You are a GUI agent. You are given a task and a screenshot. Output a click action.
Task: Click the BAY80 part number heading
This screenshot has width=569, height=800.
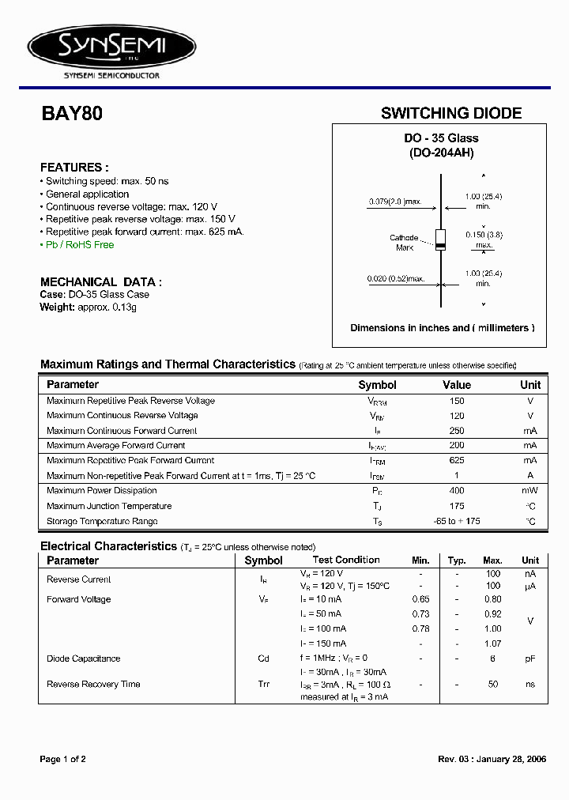click(71, 113)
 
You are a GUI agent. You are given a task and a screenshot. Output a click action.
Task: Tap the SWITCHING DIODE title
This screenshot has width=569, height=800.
click(451, 113)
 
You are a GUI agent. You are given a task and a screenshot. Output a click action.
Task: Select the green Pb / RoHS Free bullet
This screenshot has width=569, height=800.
click(78, 245)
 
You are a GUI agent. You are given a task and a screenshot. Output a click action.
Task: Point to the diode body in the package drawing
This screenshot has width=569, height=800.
click(441, 240)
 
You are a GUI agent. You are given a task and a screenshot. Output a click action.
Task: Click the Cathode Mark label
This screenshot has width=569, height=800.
click(404, 243)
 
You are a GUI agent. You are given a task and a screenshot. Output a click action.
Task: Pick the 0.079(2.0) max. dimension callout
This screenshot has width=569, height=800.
click(399, 202)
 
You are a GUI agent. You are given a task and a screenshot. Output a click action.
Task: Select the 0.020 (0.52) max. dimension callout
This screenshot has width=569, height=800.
click(396, 278)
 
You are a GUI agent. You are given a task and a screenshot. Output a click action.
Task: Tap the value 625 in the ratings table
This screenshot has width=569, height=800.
click(457, 460)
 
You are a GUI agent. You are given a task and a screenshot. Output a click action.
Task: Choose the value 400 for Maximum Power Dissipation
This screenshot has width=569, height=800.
click(457, 491)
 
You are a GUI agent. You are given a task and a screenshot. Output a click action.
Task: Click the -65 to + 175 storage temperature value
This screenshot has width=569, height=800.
click(457, 521)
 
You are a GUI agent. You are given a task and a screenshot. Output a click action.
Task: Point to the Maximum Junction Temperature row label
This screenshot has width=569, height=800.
click(109, 506)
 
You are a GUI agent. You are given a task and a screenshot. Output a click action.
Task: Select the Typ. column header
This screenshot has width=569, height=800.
click(457, 560)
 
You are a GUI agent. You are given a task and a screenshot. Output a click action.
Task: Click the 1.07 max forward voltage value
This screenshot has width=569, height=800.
click(492, 643)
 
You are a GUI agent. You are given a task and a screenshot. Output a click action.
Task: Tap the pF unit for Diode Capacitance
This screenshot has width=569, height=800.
click(530, 658)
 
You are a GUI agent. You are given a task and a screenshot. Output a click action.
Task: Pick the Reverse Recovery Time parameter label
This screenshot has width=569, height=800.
click(93, 684)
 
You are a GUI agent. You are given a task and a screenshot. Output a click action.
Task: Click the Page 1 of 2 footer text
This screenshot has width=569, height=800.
click(63, 759)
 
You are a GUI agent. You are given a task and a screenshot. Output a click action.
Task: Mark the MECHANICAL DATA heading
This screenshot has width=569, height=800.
click(101, 281)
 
